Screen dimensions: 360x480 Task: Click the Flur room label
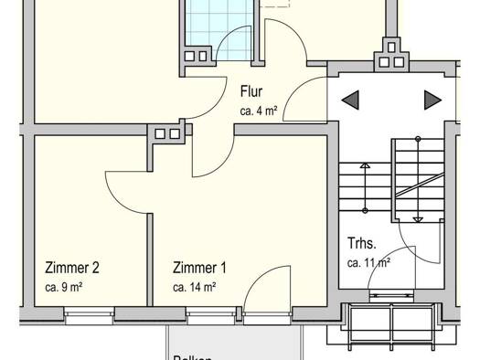(x=251, y=91)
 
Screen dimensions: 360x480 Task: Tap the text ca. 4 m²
(x=259, y=111)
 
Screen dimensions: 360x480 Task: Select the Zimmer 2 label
(x=71, y=269)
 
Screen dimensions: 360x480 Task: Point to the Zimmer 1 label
(x=199, y=269)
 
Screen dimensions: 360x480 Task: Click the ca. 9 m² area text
(x=65, y=287)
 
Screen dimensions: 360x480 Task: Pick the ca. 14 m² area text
(x=194, y=287)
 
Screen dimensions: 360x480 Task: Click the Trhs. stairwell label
(x=362, y=244)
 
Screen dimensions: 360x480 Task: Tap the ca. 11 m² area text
(x=368, y=263)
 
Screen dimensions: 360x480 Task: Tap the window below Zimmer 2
(x=90, y=315)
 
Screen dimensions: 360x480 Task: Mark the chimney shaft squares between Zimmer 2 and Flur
(x=167, y=133)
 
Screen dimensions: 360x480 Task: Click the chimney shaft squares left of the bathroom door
(x=196, y=56)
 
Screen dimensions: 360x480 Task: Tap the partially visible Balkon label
(x=194, y=357)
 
